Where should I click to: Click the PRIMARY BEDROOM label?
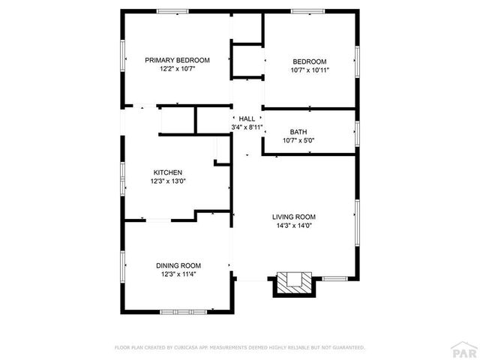pos(177,60)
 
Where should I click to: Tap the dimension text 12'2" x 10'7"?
pos(177,69)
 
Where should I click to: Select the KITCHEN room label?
pos(168,172)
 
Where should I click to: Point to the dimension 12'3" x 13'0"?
pos(168,181)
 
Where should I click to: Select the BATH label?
pos(298,131)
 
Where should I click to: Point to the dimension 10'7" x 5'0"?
pos(298,140)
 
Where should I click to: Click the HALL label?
pos(247,118)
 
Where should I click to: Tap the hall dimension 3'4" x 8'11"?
pos(247,127)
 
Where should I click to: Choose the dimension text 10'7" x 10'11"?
pos(310,70)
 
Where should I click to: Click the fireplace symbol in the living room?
pos(293,283)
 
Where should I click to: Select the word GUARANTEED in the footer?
pos(347,348)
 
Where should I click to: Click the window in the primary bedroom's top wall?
pos(172,11)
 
